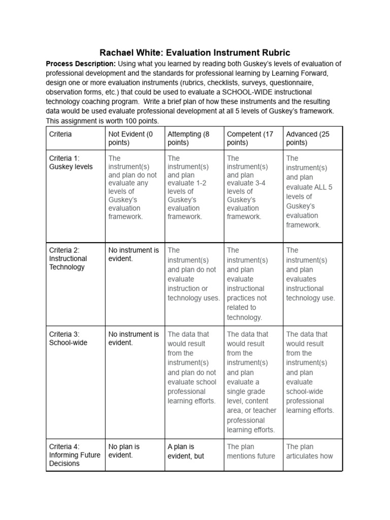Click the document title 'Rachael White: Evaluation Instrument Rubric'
coord(194,52)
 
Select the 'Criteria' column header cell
coord(60,134)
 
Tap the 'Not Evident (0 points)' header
coord(131,138)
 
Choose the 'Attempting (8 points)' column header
coord(188,138)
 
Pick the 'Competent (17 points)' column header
coord(250,138)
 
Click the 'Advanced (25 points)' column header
coord(308,138)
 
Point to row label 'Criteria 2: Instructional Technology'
coord(68,258)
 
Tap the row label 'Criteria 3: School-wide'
coord(68,338)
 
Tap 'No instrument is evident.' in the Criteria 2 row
coord(134,254)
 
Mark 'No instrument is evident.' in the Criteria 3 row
coord(134,338)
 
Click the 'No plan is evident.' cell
coord(124,451)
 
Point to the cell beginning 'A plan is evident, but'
coord(186,451)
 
